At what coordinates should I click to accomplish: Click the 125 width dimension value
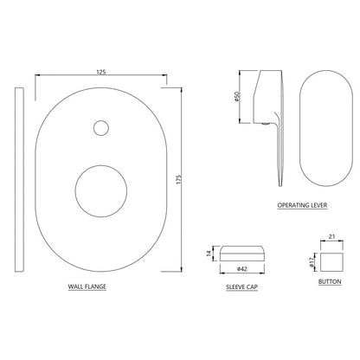click(101, 72)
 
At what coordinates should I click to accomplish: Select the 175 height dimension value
click(178, 179)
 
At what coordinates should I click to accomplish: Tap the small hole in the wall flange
click(101, 127)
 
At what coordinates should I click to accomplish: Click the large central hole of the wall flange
click(101, 191)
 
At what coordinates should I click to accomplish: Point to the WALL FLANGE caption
click(87, 286)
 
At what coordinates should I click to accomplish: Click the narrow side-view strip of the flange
click(19, 179)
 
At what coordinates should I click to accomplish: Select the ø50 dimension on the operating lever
click(236, 97)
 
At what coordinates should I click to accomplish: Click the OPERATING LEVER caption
click(302, 205)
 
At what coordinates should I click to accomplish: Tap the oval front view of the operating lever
click(326, 128)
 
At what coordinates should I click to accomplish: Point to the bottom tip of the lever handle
click(280, 185)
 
